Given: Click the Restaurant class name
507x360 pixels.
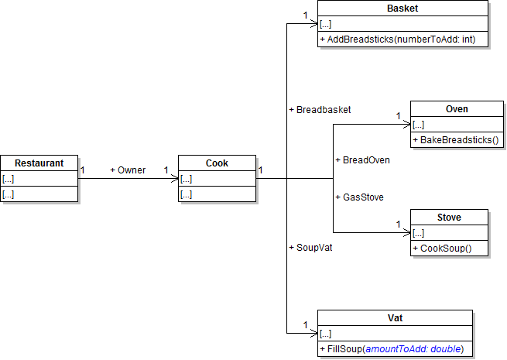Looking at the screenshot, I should [39, 163].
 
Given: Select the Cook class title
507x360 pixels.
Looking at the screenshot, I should [217, 163].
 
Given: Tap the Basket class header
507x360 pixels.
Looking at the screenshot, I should [403, 9].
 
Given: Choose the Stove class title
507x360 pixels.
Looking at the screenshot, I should [449, 218].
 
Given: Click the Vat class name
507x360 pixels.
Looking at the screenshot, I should [395, 318].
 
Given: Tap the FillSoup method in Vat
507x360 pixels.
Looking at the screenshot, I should [391, 349].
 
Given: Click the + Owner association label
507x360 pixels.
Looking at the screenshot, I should [128, 170].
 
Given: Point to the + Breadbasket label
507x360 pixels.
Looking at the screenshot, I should [320, 110].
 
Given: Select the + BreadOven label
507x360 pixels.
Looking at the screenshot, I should [362, 160].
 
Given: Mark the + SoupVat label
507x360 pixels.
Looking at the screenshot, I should [310, 247].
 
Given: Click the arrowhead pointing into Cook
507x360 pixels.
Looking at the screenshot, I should [174, 179].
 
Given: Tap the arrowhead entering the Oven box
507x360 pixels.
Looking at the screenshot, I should [406, 125].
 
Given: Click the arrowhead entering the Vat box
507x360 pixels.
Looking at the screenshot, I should [313, 334].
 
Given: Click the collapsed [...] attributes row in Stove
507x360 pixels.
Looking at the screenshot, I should [419, 233].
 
